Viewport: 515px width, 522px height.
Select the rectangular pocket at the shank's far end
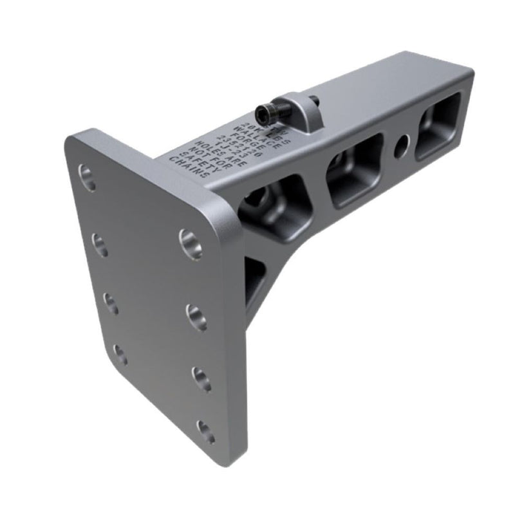point(439,125)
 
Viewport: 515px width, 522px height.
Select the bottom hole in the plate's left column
point(120,353)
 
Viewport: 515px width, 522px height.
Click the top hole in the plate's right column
point(191,243)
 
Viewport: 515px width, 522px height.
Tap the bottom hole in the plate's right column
point(205,431)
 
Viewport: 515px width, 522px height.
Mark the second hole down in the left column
point(100,245)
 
